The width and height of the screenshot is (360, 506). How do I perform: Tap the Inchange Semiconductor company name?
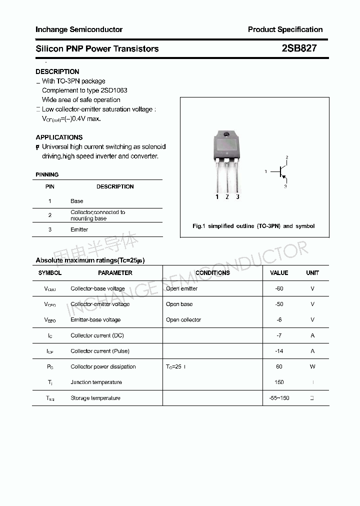[79, 29]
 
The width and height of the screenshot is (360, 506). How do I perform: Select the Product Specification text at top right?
[285, 29]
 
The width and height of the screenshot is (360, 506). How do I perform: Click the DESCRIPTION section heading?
[57, 71]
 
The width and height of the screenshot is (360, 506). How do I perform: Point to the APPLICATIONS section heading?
[59, 137]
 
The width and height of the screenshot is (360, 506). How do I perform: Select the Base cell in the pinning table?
[77, 201]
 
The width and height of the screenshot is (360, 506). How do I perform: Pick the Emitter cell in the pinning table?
[79, 229]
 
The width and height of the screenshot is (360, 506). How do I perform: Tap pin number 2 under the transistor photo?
[227, 197]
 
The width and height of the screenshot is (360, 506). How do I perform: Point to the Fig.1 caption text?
[253, 226]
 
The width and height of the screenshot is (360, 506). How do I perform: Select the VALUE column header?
[279, 273]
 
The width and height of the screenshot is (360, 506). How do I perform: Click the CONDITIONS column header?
[212, 273]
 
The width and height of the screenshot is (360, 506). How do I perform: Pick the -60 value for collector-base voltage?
[279, 288]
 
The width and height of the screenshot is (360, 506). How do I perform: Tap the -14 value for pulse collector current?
[279, 351]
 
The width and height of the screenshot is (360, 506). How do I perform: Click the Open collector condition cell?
[183, 319]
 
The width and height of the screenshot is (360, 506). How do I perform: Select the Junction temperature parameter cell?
[96, 382]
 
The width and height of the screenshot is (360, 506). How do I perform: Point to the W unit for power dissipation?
[312, 366]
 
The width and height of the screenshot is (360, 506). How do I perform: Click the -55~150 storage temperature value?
[279, 398]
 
